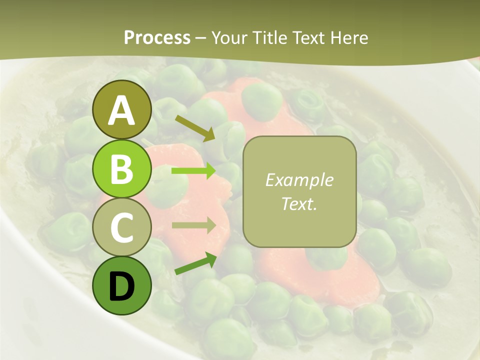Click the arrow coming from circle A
[195, 128]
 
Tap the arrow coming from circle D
[195, 264]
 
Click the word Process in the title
[157, 38]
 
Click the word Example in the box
[299, 180]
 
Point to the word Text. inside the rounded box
[299, 203]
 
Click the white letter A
[122, 111]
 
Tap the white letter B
[122, 169]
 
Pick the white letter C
[122, 227]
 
